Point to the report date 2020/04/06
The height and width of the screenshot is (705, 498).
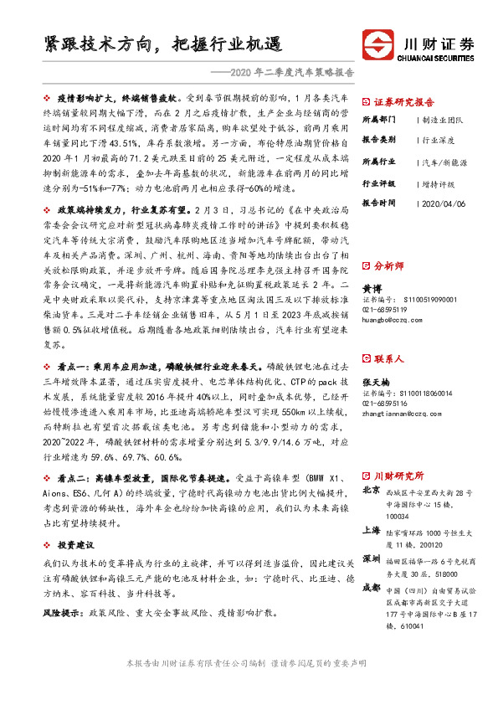[444, 203]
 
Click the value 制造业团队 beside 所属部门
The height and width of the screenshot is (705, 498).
[444, 119]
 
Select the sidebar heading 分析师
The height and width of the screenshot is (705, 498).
[390, 265]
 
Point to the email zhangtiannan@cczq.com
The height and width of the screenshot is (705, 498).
[401, 412]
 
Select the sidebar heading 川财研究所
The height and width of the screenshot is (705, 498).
[399, 475]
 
